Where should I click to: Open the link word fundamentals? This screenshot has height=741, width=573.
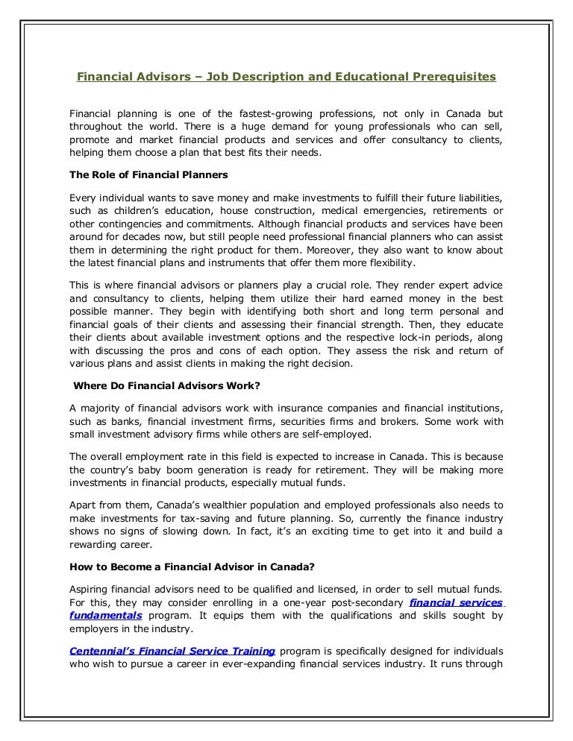[x=104, y=617]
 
